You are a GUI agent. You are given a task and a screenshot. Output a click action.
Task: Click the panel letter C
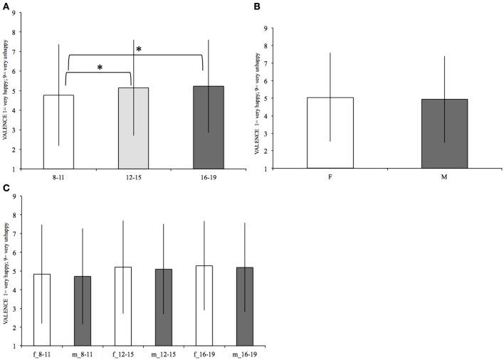[6, 189]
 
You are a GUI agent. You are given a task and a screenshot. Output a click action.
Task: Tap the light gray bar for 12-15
[132, 128]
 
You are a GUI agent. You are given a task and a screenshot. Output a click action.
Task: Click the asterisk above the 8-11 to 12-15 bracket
[99, 68]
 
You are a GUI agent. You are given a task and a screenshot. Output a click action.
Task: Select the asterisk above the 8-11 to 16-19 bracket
[139, 49]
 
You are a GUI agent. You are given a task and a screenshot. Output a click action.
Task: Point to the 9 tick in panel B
[265, 28]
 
